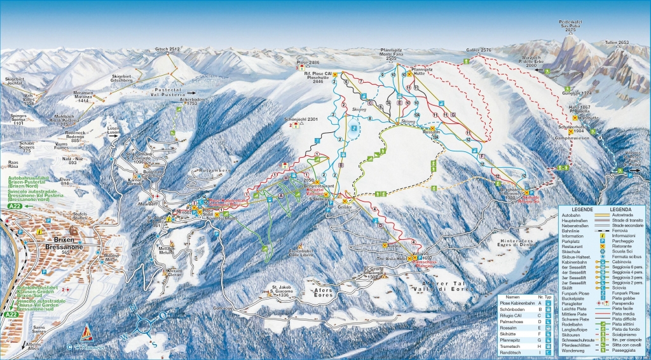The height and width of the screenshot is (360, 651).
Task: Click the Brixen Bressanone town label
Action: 58,247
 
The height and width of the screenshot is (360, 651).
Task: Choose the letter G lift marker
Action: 453,114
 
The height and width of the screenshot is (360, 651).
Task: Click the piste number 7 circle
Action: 360,82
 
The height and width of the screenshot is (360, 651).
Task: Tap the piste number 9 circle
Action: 382,76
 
